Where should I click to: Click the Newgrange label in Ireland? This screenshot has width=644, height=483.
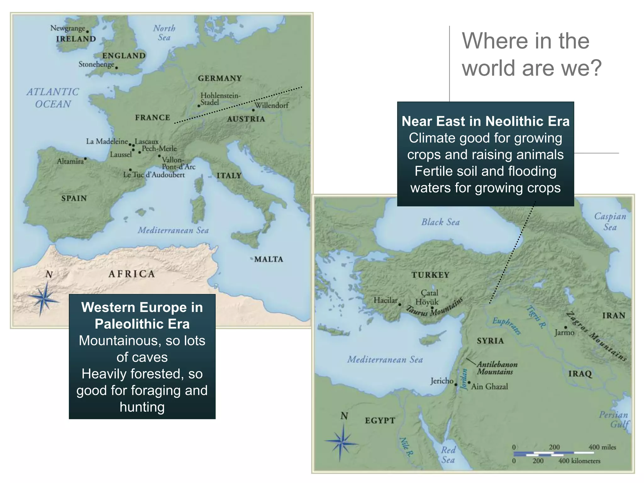click(68, 28)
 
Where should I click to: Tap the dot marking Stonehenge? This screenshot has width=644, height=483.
click(117, 68)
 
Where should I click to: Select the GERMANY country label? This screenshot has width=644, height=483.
click(219, 78)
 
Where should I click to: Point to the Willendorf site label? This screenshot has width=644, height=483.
click(271, 105)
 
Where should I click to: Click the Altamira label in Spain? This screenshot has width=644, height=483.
click(70, 161)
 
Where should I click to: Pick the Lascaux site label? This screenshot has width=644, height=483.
click(147, 142)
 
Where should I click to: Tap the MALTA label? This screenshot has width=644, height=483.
click(269, 259)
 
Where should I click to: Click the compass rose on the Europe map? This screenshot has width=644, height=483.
click(44, 298)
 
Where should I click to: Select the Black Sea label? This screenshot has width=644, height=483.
click(441, 222)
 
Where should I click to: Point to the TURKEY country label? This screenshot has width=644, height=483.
click(430, 275)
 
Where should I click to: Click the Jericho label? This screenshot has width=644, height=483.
click(442, 381)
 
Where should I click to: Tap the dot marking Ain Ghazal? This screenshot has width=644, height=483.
click(469, 383)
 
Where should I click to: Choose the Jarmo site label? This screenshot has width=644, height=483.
click(564, 333)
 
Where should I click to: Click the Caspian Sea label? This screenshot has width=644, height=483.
click(610, 221)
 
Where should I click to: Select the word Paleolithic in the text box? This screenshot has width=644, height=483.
click(142, 324)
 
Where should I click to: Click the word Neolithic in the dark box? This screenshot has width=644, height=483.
click(513, 121)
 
